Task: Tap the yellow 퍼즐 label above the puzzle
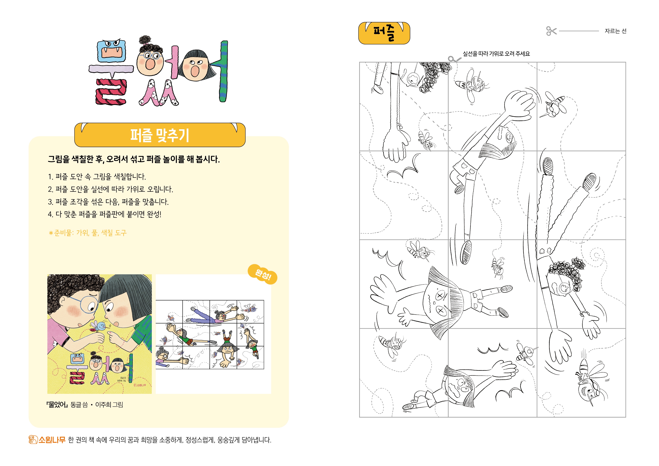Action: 384,33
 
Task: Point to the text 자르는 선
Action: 615,31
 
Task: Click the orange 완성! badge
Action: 262,274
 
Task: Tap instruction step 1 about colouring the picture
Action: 97,177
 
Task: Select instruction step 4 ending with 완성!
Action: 104,214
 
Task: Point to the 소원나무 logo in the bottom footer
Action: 47,440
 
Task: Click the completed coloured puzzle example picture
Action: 210,334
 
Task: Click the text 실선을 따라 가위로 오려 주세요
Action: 496,54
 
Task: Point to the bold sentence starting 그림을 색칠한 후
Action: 134,159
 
